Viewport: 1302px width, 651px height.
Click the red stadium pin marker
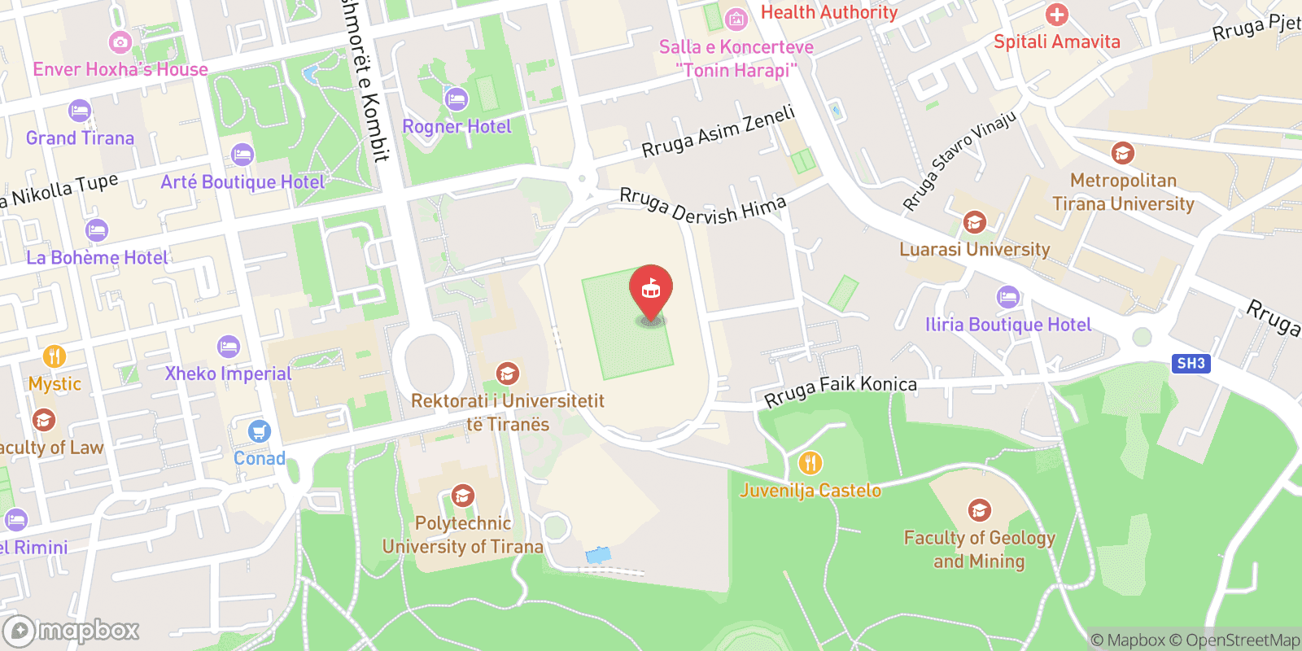point(651,290)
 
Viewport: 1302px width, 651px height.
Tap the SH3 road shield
point(1191,364)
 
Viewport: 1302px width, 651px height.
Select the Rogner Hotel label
point(457,127)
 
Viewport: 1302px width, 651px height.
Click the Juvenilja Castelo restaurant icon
point(810,464)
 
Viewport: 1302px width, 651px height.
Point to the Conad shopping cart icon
point(260,431)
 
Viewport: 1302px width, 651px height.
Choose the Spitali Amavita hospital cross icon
point(1056,15)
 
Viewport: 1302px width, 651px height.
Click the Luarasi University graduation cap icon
point(974,222)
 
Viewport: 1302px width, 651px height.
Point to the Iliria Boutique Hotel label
point(1008,325)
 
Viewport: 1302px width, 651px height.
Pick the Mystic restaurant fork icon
point(55,356)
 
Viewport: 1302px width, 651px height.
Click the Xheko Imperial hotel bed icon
point(229,347)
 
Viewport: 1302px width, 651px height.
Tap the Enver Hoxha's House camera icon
point(120,42)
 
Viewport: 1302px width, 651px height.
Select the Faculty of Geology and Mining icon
point(979,510)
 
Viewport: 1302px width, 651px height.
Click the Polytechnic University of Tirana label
point(463,535)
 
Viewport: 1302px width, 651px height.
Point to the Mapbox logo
point(72,631)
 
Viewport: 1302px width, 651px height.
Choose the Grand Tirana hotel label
point(80,138)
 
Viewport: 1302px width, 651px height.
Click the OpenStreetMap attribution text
point(1243,640)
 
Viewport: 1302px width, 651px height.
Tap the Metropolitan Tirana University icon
point(1122,153)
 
